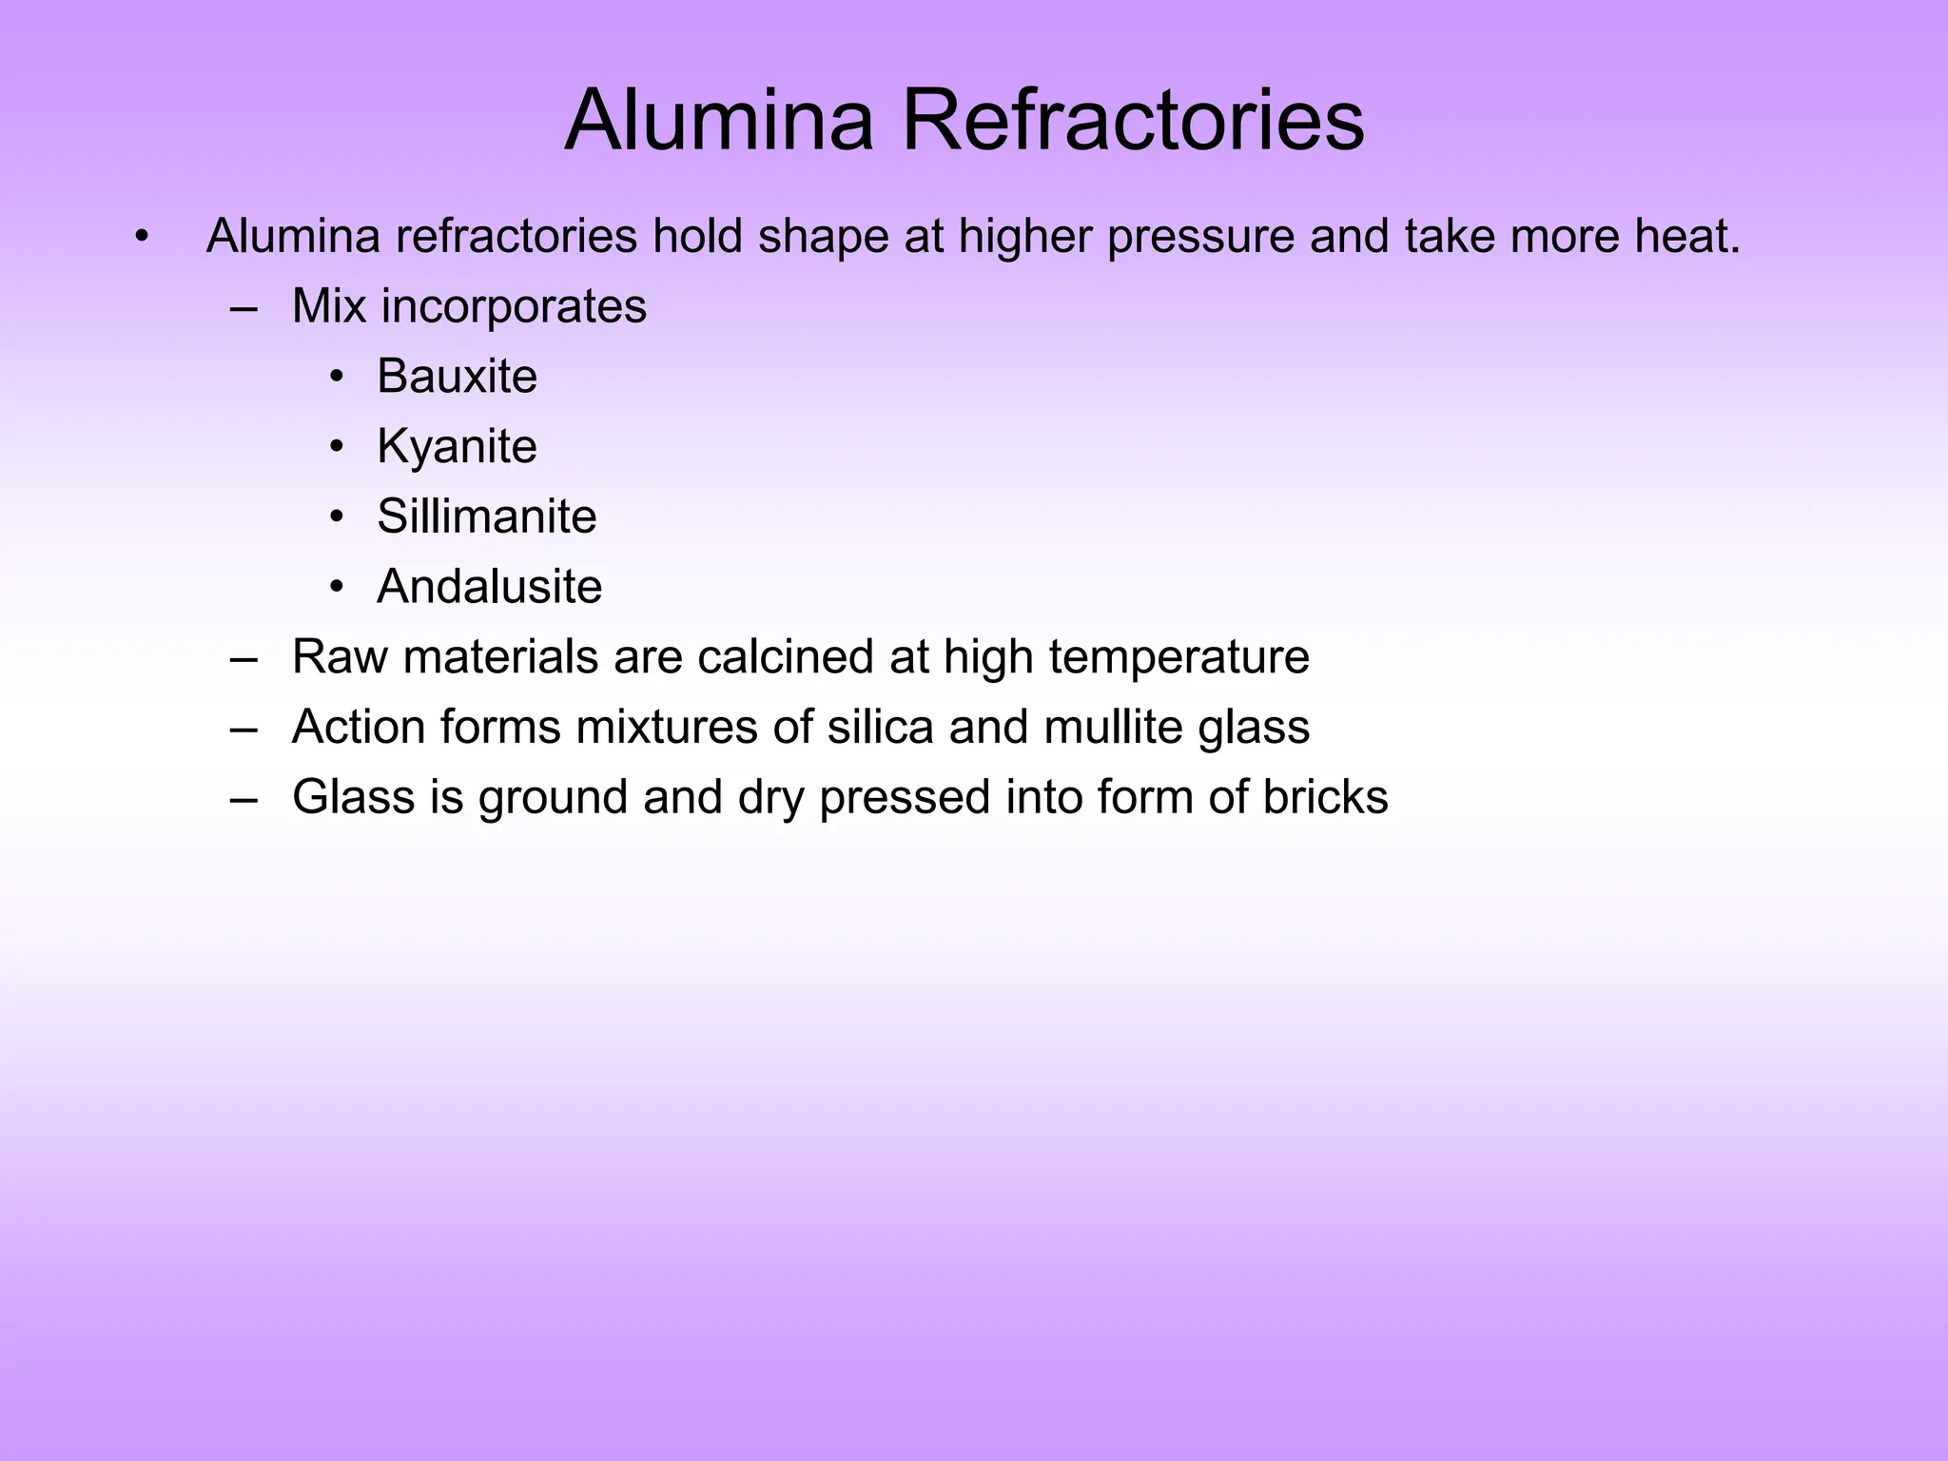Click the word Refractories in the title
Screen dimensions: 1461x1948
pyautogui.click(x=1132, y=120)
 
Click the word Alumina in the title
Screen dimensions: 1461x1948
pyautogui.click(x=719, y=120)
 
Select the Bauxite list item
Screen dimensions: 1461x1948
pyautogui.click(x=457, y=376)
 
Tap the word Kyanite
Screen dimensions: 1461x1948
pyautogui.click(x=457, y=446)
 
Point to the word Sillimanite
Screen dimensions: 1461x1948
pyautogui.click(x=486, y=516)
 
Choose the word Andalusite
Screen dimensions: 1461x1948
pyautogui.click(x=489, y=586)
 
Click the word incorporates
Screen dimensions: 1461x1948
pyautogui.click(x=514, y=306)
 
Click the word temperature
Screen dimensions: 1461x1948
pyautogui.click(x=1179, y=658)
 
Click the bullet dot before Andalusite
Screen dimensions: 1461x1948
pyautogui.click(x=336, y=588)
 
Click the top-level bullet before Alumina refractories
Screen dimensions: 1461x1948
pyautogui.click(x=142, y=237)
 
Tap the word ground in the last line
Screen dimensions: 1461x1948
pyautogui.click(x=553, y=799)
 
